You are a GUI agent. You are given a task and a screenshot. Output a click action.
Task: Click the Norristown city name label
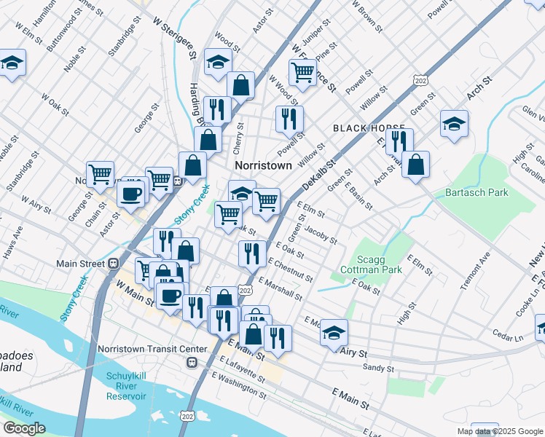click(x=263, y=165)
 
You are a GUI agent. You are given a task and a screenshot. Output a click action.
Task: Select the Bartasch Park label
click(x=477, y=192)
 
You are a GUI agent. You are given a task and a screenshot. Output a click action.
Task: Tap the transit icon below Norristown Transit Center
click(x=192, y=361)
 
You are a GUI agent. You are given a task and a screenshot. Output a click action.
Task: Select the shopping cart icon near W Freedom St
click(x=302, y=72)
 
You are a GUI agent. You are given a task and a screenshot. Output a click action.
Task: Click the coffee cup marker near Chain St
click(x=131, y=194)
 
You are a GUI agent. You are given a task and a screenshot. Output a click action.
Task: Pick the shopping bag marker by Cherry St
click(x=240, y=85)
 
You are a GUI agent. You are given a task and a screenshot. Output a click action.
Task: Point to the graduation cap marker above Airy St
click(x=334, y=331)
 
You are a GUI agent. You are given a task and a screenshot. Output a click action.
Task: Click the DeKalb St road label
click(x=318, y=177)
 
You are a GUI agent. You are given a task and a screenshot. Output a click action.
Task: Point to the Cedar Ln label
click(x=508, y=337)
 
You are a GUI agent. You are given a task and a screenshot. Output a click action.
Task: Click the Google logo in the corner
click(x=24, y=429)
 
